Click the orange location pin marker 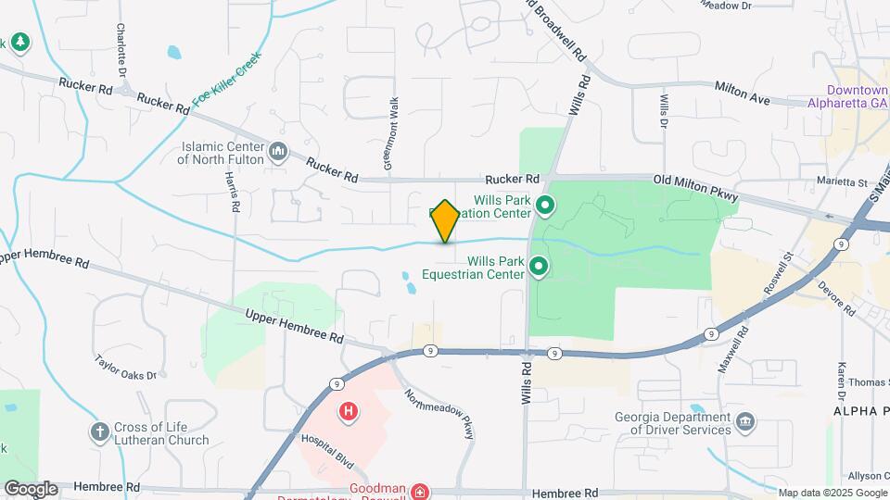[445, 220]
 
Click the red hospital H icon [349, 411]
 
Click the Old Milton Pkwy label [695, 187]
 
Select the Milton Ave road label [743, 91]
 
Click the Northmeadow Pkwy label [444, 414]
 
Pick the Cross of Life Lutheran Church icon [99, 431]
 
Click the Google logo [31, 488]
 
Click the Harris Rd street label [232, 192]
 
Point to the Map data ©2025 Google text [831, 492]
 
